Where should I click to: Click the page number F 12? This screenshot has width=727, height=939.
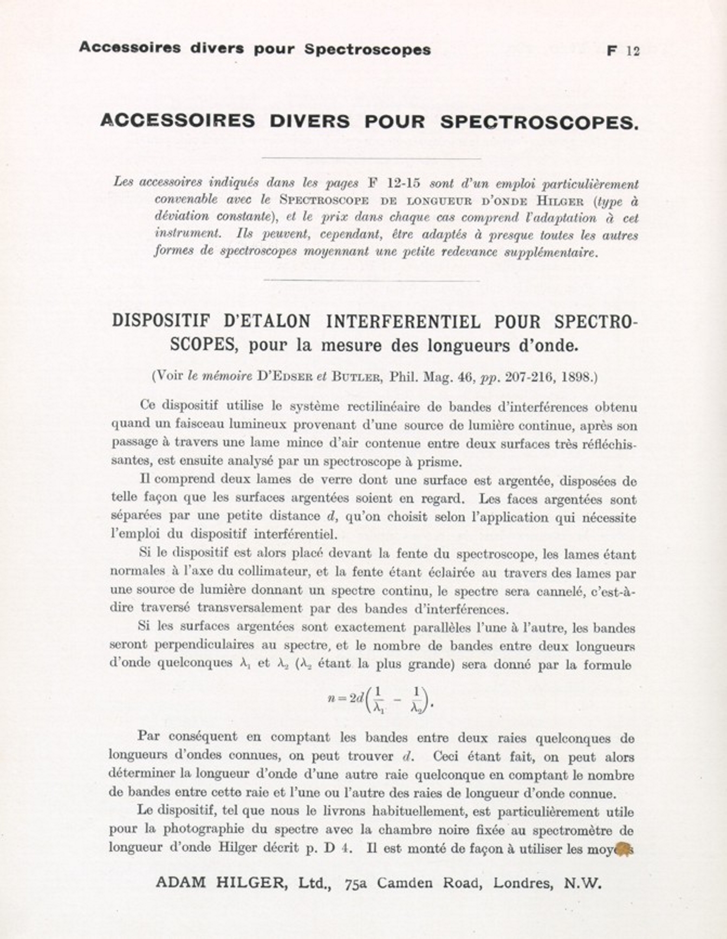pos(623,51)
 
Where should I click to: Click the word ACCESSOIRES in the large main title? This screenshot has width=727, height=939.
pos(178,120)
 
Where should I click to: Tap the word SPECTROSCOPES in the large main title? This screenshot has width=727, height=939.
pos(539,122)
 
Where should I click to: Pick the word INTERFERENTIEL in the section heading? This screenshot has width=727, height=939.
pos(403,322)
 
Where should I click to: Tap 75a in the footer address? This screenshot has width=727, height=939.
pos(355,884)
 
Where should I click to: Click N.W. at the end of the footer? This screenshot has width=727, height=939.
pos(583,884)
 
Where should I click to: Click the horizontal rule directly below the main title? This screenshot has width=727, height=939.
pos(371,159)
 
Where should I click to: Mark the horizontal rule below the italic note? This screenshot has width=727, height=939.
pos(371,281)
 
